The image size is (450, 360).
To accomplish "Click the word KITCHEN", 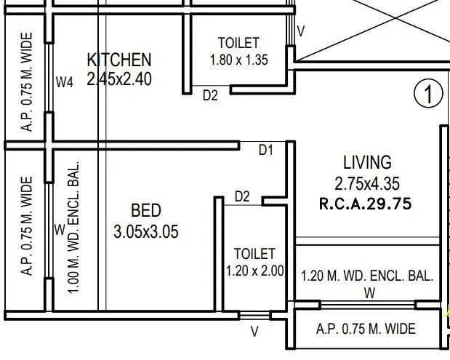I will pyautogui.click(x=119, y=59).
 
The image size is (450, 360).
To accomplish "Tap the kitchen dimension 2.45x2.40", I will pyautogui.click(x=119, y=79).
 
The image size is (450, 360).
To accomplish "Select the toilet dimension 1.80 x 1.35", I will pyautogui.click(x=238, y=60).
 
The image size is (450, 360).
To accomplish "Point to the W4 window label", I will pyautogui.click(x=65, y=83).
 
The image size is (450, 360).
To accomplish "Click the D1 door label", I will pyautogui.click(x=266, y=151).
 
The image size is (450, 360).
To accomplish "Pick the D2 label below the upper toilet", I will pyautogui.click(x=210, y=95).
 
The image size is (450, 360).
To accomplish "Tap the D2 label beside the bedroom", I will pyautogui.click(x=242, y=196).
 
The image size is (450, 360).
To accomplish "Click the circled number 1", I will pyautogui.click(x=428, y=94).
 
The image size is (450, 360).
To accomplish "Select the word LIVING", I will pyautogui.click(x=367, y=162).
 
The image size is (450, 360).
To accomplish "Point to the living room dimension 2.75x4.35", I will pyautogui.click(x=367, y=184).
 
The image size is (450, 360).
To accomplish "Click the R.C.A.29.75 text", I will pyautogui.click(x=366, y=204).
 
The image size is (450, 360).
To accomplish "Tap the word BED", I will pyautogui.click(x=145, y=211).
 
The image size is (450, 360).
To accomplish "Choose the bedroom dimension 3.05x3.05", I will pyautogui.click(x=146, y=232).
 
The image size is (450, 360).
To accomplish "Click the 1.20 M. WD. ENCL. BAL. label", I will pyautogui.click(x=367, y=276).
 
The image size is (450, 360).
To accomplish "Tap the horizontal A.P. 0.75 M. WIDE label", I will pyautogui.click(x=366, y=329).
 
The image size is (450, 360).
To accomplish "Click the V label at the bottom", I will pyautogui.click(x=254, y=332).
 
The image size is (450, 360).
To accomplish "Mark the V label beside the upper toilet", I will pyautogui.click(x=301, y=31).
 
